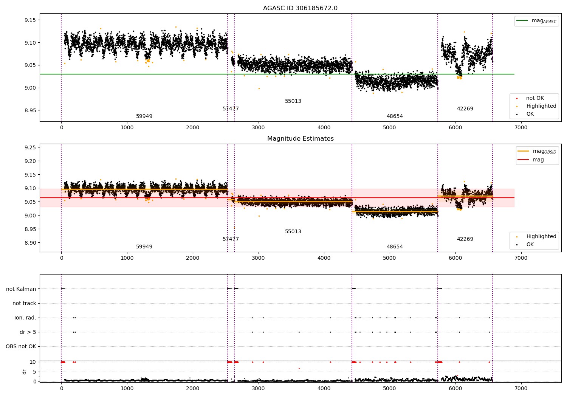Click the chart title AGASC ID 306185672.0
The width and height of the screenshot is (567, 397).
[x=300, y=8]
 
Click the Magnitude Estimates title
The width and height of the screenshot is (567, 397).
[x=300, y=139]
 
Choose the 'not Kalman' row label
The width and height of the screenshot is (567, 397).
[x=21, y=289]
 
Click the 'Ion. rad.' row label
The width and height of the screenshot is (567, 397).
[x=25, y=318]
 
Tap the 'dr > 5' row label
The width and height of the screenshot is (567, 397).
[x=28, y=332]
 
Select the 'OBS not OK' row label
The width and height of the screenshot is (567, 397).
[x=21, y=346]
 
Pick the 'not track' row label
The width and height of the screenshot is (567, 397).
[x=24, y=303]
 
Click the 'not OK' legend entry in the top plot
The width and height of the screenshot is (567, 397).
[x=535, y=98]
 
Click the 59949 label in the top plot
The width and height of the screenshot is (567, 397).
[x=144, y=116]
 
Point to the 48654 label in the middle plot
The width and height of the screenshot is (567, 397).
[x=395, y=247]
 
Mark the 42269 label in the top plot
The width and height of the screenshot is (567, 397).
[x=465, y=109]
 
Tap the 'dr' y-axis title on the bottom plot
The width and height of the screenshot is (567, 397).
[x=25, y=372]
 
